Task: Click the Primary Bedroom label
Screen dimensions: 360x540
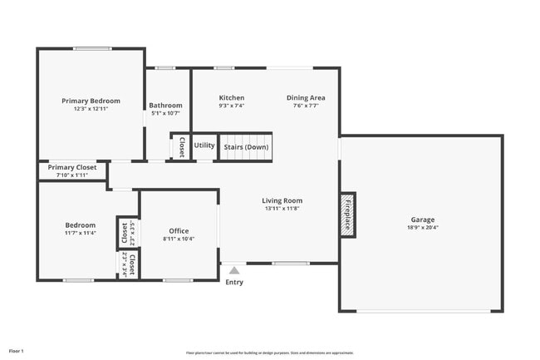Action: pyautogui.click(x=91, y=101)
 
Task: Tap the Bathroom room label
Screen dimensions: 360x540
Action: pyautogui.click(x=165, y=106)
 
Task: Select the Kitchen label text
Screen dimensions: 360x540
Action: pyautogui.click(x=231, y=97)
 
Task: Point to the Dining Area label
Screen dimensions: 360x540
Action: pyautogui.click(x=306, y=97)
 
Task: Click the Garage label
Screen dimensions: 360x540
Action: pyautogui.click(x=422, y=219)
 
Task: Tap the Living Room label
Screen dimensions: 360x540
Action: pyautogui.click(x=282, y=200)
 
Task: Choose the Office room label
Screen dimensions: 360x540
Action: pyautogui.click(x=179, y=231)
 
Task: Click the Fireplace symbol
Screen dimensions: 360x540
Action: pyautogui.click(x=347, y=215)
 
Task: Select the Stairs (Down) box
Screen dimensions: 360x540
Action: pyautogui.click(x=246, y=147)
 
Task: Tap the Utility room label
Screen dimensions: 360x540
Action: pyautogui.click(x=204, y=145)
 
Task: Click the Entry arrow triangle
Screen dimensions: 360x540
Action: pyautogui.click(x=234, y=269)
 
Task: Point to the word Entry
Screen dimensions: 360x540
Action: pyautogui.click(x=234, y=283)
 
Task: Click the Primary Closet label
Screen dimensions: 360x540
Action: pyautogui.click(x=71, y=167)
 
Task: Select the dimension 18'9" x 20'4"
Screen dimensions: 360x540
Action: pyautogui.click(x=422, y=227)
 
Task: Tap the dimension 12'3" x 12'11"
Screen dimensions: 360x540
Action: pyautogui.click(x=91, y=108)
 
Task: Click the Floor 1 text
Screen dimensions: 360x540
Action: pyautogui.click(x=17, y=351)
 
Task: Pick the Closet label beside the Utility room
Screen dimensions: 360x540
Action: pyautogui.click(x=181, y=146)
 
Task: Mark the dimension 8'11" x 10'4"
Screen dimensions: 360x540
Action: pyautogui.click(x=179, y=239)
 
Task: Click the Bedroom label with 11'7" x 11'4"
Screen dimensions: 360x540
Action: pyautogui.click(x=81, y=224)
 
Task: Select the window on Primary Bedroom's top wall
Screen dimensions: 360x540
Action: pyautogui.click(x=92, y=48)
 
